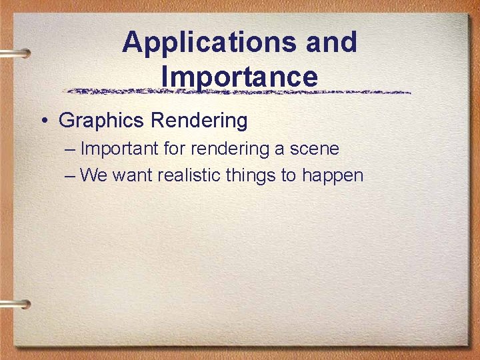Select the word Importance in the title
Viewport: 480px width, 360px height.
[239, 76]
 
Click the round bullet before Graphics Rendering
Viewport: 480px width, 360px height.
[43, 121]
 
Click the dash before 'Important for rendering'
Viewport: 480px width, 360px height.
[71, 149]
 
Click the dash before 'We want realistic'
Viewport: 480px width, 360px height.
[71, 175]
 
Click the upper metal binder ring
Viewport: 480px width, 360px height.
[16, 53]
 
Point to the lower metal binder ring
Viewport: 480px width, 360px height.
[16, 305]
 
